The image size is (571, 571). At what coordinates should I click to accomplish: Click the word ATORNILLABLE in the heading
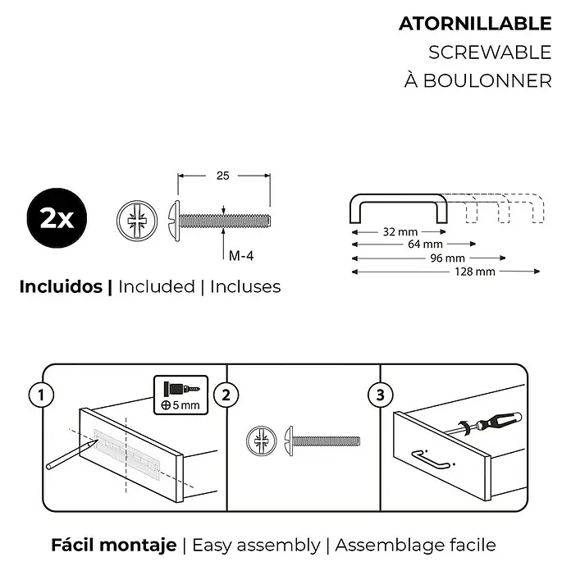click(475, 24)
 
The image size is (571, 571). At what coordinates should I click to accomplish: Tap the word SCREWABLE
click(490, 53)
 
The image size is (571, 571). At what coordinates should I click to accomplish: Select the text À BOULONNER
click(477, 80)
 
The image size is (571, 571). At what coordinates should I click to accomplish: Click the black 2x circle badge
click(57, 217)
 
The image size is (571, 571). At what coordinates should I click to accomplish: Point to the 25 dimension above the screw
click(222, 176)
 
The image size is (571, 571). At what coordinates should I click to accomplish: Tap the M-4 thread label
click(240, 256)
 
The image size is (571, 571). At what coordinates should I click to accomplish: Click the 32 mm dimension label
click(400, 231)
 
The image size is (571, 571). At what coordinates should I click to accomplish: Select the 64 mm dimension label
click(425, 244)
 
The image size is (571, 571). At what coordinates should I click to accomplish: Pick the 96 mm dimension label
click(448, 258)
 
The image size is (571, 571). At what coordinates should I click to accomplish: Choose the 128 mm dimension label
click(474, 272)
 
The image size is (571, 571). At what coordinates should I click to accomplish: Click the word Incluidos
click(61, 286)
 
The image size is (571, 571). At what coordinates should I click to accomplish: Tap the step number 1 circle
click(41, 395)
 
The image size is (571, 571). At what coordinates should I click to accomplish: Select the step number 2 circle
click(226, 395)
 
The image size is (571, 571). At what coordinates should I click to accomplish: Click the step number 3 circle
click(380, 395)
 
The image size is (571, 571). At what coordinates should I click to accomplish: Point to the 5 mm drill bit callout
click(181, 395)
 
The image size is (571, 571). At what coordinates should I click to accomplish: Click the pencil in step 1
click(71, 455)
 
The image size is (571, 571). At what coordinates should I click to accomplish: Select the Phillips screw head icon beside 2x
click(137, 221)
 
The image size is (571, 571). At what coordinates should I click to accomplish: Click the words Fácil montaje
click(113, 545)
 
